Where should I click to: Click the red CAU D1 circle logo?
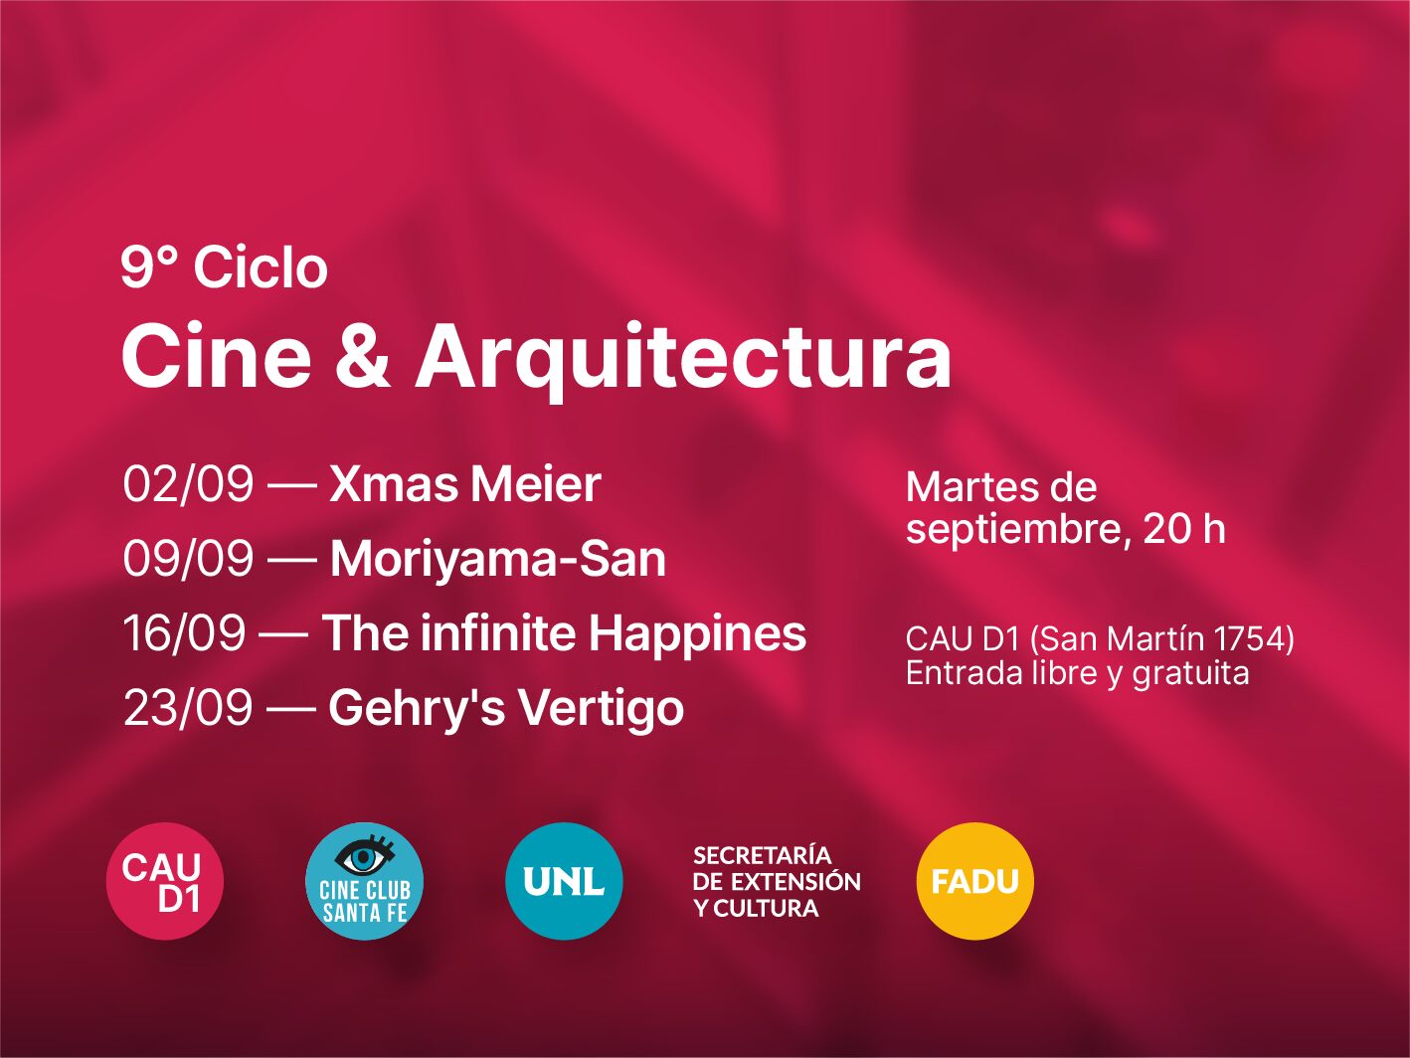(165, 881)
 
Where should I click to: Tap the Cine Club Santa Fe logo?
(364, 881)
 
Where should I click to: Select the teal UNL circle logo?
(564, 881)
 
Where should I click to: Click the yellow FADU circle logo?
(975, 881)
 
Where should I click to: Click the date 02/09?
(188, 484)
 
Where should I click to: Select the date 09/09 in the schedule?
(188, 559)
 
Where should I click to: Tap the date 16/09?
(184, 633)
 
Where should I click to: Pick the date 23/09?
(188, 708)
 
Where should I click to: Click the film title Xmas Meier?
(465, 484)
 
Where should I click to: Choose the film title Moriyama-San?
(498, 560)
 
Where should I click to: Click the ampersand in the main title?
(363, 355)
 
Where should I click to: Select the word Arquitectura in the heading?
(683, 361)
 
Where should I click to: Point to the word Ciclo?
(261, 267)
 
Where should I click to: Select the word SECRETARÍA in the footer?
(763, 855)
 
